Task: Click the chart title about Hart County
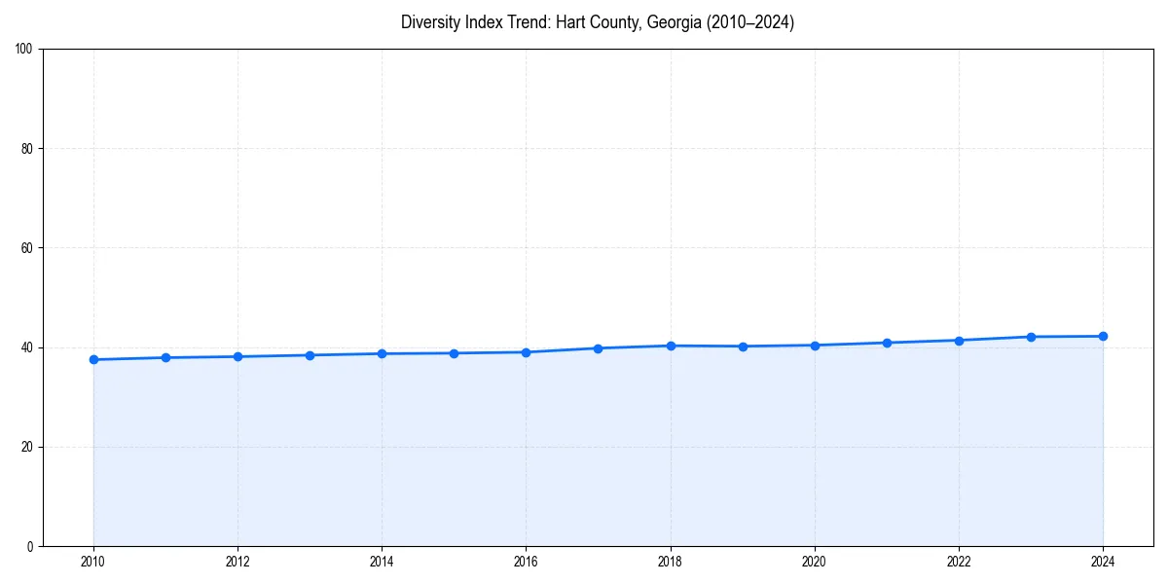[x=598, y=22]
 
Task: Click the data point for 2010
[x=93, y=360]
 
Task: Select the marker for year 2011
[x=165, y=358]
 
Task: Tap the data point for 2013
[x=310, y=355]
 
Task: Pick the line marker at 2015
[x=454, y=353]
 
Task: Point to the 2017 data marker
[x=598, y=348]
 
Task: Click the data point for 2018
[x=671, y=346]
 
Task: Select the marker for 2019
[x=743, y=347]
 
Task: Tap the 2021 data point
[x=887, y=343]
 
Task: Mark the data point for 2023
[x=1031, y=337]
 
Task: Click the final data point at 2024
[x=1103, y=337]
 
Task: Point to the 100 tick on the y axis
[x=25, y=50]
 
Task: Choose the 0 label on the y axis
[x=31, y=546]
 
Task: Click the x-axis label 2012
[x=237, y=562]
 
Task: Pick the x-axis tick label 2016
[x=526, y=562]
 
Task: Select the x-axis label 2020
[x=815, y=562]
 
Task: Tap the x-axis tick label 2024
[x=1103, y=562]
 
